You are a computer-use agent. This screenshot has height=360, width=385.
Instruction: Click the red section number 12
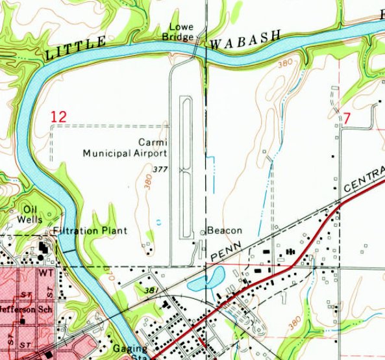click(58, 117)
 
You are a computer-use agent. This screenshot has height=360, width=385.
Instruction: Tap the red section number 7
click(346, 119)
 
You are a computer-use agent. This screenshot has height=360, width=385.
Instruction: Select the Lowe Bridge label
click(181, 32)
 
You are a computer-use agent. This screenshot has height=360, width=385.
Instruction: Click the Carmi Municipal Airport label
click(125, 148)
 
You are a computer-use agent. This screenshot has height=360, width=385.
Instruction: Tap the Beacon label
click(225, 231)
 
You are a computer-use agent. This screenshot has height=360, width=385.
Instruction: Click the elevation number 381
click(153, 290)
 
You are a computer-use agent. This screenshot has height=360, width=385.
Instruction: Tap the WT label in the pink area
click(45, 274)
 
